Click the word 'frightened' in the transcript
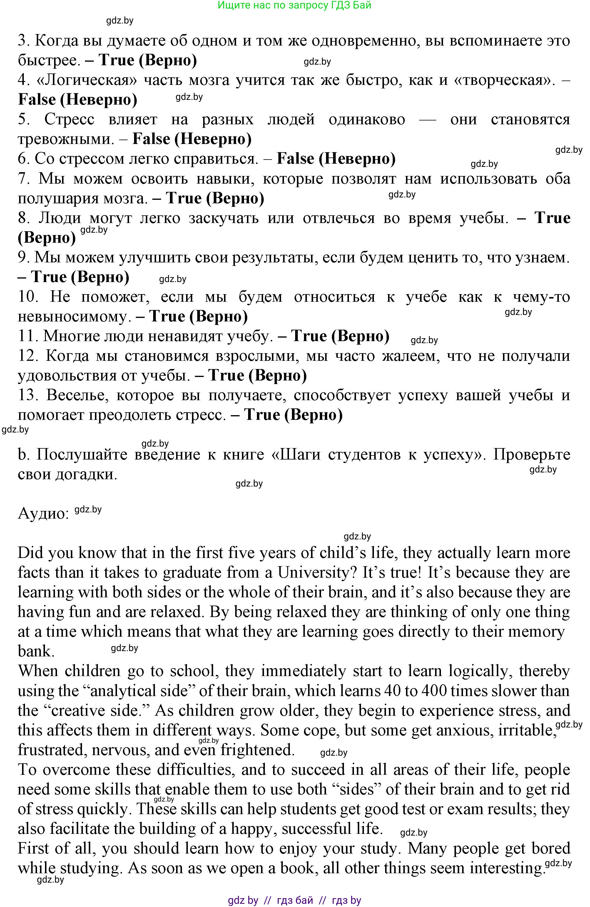click(258, 750)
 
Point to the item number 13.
click(28, 395)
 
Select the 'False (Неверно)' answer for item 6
click(336, 159)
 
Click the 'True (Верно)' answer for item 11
click(340, 336)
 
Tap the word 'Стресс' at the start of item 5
click(69, 120)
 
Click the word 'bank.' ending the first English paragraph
click(36, 652)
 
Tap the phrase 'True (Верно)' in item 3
click(148, 61)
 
